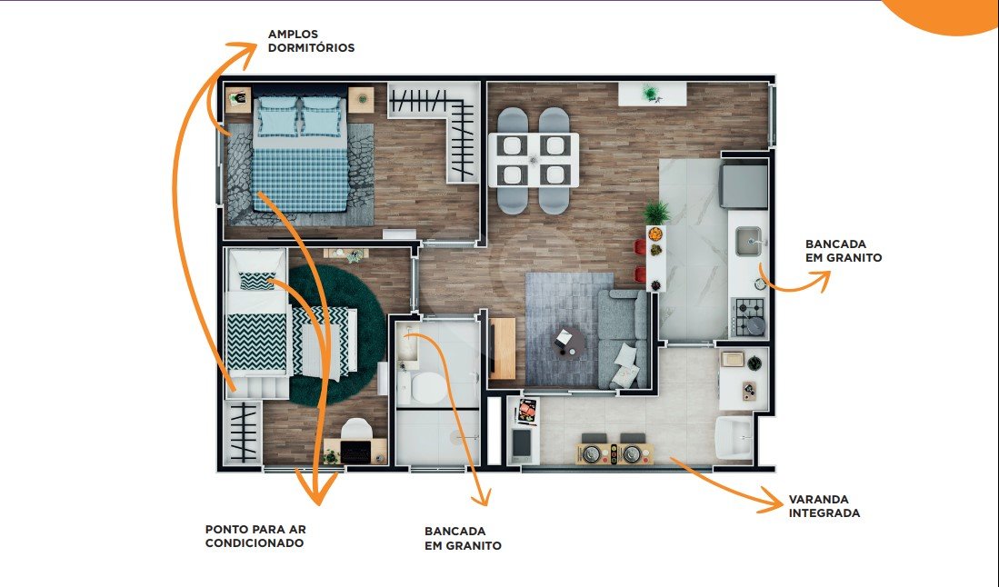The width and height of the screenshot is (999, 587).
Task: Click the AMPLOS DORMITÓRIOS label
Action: [x=311, y=41]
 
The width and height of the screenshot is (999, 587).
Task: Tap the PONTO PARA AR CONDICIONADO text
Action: [x=255, y=536]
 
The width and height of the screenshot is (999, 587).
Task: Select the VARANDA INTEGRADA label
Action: [x=824, y=506]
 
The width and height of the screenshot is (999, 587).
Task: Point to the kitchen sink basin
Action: [x=747, y=242]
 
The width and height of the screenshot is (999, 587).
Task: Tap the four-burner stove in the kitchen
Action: [x=748, y=317]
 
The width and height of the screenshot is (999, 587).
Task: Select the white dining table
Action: [x=534, y=160]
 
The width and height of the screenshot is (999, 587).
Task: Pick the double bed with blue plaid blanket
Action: [x=301, y=153]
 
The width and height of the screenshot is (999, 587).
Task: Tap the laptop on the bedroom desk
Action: [x=355, y=451]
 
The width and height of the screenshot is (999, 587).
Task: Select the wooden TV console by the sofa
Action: [x=503, y=348]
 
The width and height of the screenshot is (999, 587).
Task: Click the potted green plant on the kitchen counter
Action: [x=655, y=212]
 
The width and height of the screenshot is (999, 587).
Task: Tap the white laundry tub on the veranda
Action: [x=734, y=437]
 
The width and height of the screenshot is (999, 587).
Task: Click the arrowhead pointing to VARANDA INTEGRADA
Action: [x=770, y=501]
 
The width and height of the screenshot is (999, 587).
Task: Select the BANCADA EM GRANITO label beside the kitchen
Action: [x=844, y=251]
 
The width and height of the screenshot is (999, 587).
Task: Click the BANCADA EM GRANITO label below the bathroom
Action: [x=464, y=538]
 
